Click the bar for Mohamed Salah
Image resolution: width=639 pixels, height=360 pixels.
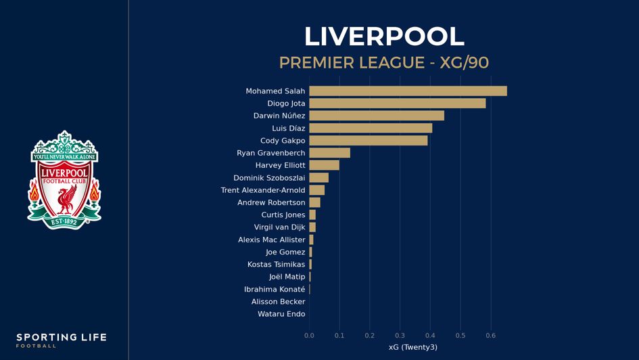(x=408, y=91)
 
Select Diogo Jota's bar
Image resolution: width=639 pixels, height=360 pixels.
(x=397, y=104)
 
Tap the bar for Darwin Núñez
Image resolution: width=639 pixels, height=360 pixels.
(x=377, y=116)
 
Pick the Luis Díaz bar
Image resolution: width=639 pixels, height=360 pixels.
(x=371, y=128)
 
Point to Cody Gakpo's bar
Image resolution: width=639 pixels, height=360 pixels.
(x=368, y=141)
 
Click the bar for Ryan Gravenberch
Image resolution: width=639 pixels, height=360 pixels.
(x=329, y=153)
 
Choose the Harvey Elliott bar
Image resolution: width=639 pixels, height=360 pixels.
(x=324, y=165)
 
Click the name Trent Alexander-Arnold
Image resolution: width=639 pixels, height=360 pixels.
(x=263, y=190)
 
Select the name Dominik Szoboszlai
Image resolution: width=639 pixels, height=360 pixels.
(x=269, y=178)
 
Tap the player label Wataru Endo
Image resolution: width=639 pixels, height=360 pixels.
(x=281, y=314)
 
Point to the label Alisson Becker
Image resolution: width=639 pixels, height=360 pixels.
(x=278, y=302)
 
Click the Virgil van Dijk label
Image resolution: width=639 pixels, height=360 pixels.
(x=279, y=227)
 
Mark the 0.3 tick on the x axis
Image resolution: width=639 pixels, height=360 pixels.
(x=400, y=335)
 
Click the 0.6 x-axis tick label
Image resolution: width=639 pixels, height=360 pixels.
(x=490, y=335)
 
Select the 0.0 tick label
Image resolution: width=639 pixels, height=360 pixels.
(x=309, y=335)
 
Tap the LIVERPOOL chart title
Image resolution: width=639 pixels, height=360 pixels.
(x=384, y=37)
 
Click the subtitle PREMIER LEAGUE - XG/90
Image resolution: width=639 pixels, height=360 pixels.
(x=384, y=63)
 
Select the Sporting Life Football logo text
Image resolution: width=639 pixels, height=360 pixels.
(x=62, y=340)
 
